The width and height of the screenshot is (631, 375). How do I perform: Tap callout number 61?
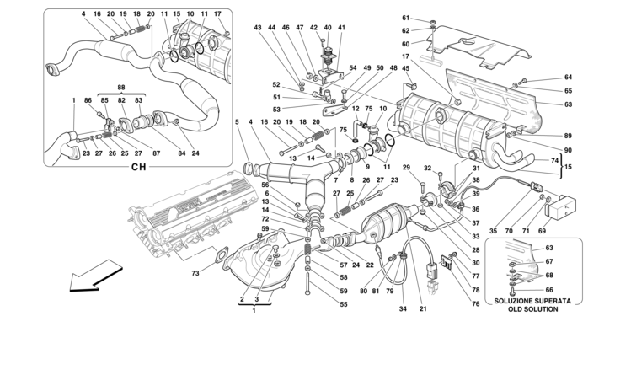pyautogui.click(x=404, y=19)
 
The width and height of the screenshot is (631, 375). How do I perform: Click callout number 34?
pyautogui.click(x=403, y=308)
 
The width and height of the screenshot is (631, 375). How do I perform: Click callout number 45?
pyautogui.click(x=406, y=68)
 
